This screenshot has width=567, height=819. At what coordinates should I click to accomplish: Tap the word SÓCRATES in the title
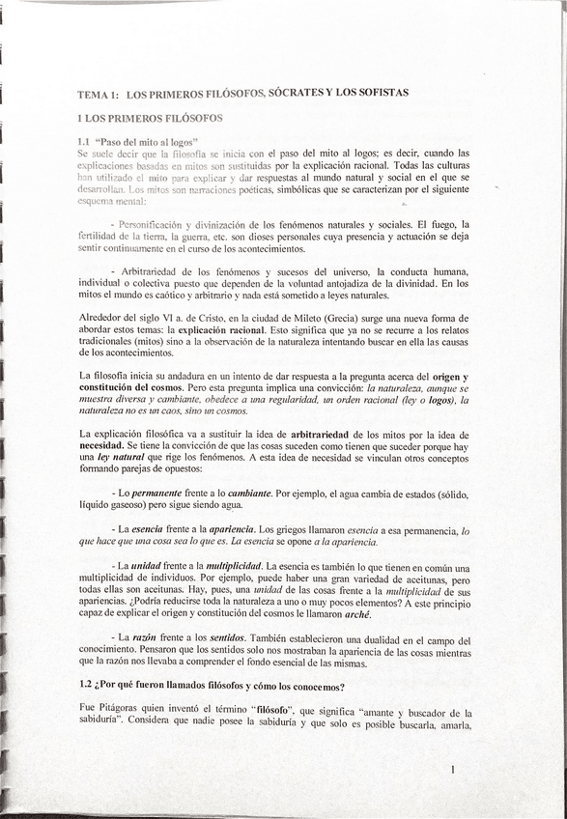point(298,93)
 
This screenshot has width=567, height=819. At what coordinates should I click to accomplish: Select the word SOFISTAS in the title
point(381,93)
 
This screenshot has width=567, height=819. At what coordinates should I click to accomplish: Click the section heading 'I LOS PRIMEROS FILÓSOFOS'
point(150,118)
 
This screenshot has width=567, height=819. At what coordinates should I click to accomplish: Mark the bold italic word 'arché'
point(358,614)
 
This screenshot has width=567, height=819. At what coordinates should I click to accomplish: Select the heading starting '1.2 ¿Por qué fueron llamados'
point(213,687)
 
